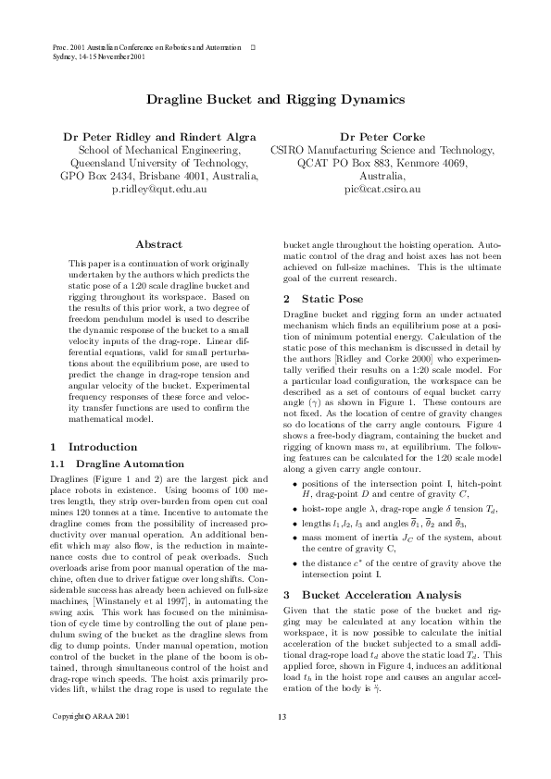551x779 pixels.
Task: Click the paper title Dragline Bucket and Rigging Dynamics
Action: point(275,97)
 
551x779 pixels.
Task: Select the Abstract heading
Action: point(158,244)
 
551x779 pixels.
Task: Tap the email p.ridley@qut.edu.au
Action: point(159,188)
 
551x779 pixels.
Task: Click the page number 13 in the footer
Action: point(282,743)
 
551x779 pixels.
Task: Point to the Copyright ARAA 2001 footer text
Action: point(91,743)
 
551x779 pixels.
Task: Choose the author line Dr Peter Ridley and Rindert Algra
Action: point(159,135)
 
